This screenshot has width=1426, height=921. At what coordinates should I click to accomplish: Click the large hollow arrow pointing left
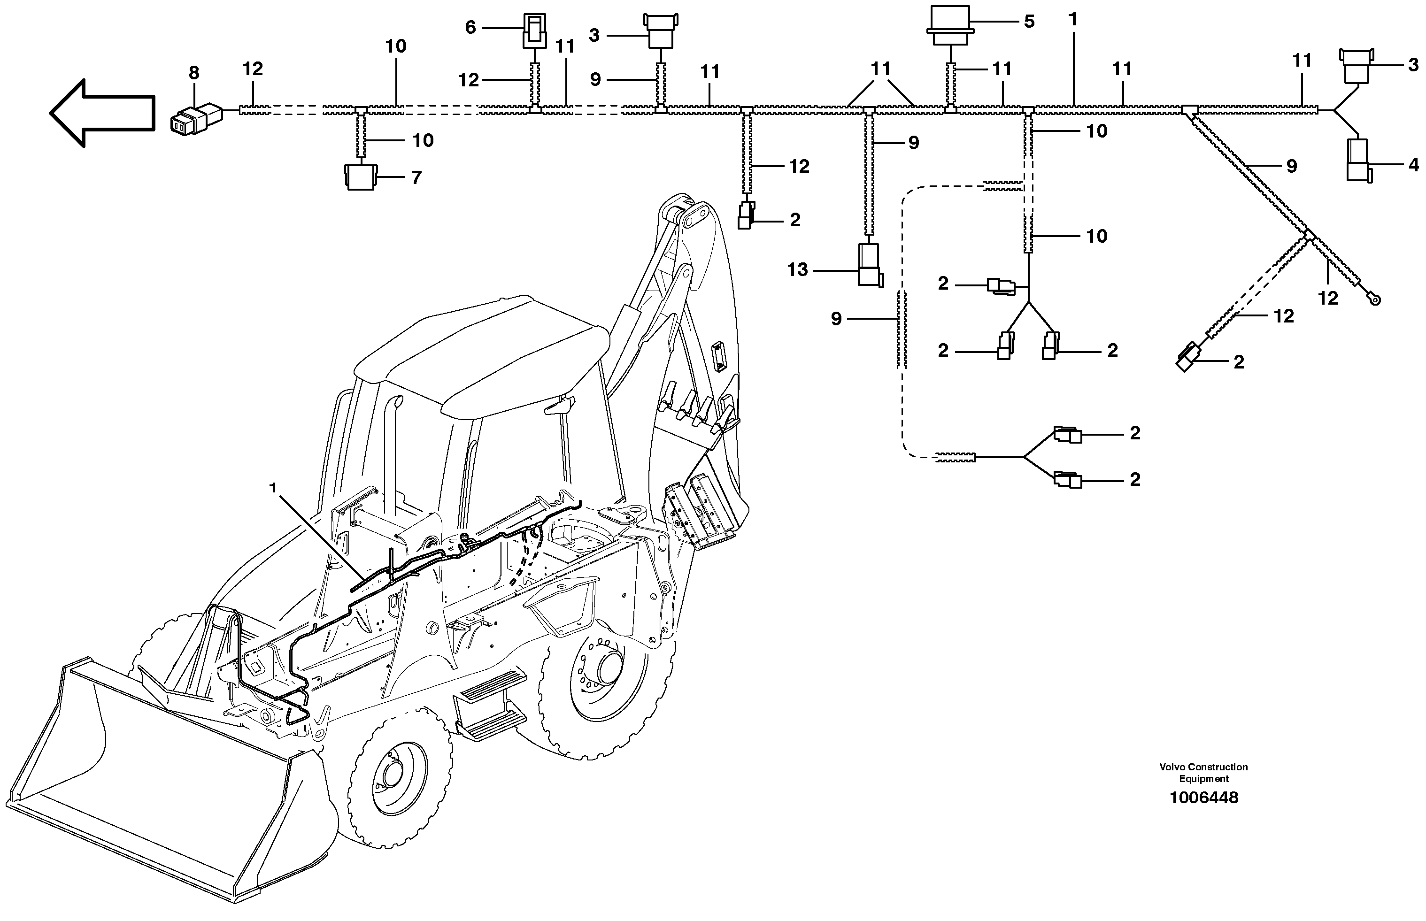(x=102, y=113)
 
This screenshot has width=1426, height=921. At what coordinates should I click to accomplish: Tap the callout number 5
(x=1029, y=22)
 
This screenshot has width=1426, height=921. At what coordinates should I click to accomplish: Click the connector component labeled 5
(x=950, y=27)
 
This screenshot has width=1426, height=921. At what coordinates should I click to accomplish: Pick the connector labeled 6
(x=534, y=31)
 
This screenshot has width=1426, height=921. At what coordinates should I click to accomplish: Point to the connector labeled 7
(x=360, y=177)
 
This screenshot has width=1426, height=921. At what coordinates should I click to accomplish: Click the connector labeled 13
(x=869, y=265)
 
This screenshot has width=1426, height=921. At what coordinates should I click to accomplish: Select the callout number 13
(x=797, y=270)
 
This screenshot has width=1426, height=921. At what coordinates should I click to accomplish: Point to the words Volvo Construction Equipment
(x=1203, y=773)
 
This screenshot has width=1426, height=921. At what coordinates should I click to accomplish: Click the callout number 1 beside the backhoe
(x=273, y=488)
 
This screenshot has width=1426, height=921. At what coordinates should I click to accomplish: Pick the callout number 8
(x=194, y=73)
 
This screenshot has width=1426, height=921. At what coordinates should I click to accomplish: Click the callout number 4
(x=1413, y=165)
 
